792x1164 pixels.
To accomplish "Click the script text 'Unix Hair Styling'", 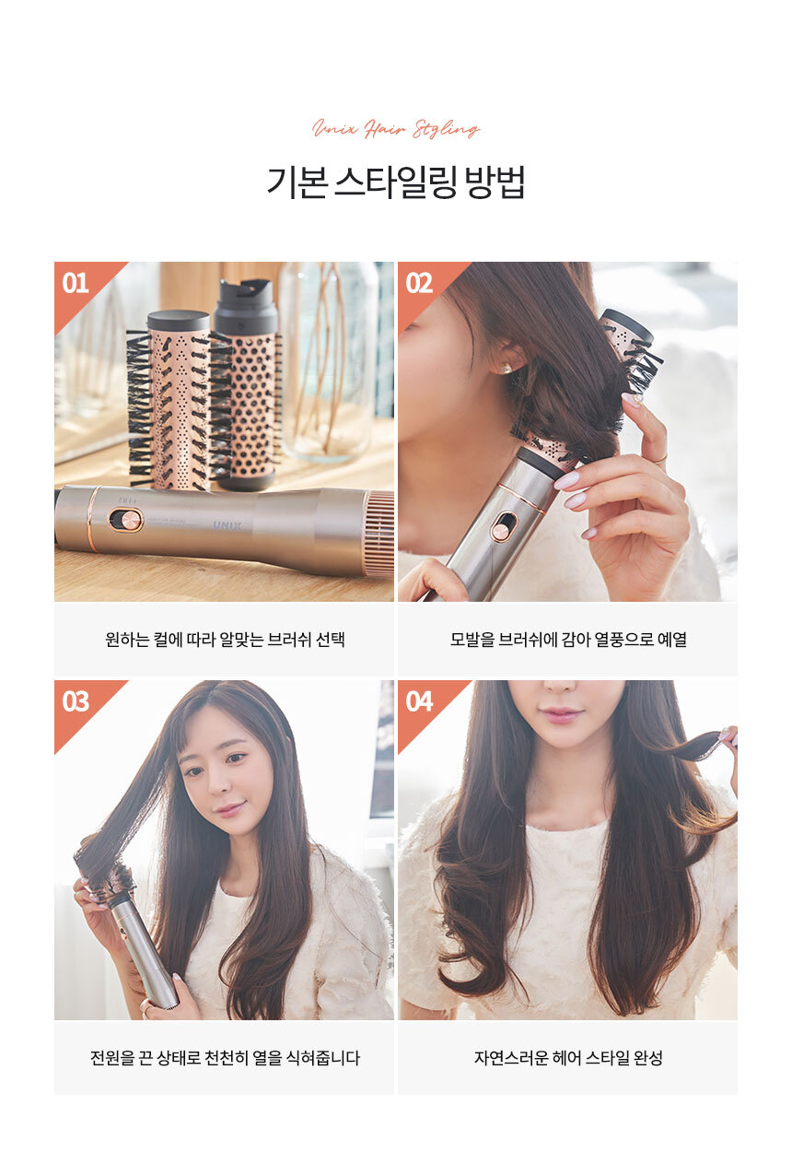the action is pos(396,128).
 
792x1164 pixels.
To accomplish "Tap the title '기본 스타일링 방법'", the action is pos(396,182).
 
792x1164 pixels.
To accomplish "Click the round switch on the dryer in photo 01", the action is pos(125,520).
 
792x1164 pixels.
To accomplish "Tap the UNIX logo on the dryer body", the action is pos(227,526).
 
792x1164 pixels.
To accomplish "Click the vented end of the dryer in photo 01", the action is pos(379,533).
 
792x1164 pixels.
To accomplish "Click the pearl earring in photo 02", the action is pos(505,369).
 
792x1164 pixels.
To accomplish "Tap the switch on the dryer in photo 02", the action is pos(503,528).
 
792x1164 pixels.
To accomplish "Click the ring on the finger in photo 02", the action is pos(660,458).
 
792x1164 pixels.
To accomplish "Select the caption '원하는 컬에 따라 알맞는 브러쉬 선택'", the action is pos(225,640).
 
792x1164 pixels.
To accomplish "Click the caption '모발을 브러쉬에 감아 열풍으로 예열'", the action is pos(568,640).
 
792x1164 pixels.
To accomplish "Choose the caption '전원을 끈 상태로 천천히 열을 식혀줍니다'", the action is pos(225,1057).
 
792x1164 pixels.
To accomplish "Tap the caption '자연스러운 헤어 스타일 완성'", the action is pos(568,1057).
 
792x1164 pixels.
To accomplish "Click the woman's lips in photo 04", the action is pos(560,714).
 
